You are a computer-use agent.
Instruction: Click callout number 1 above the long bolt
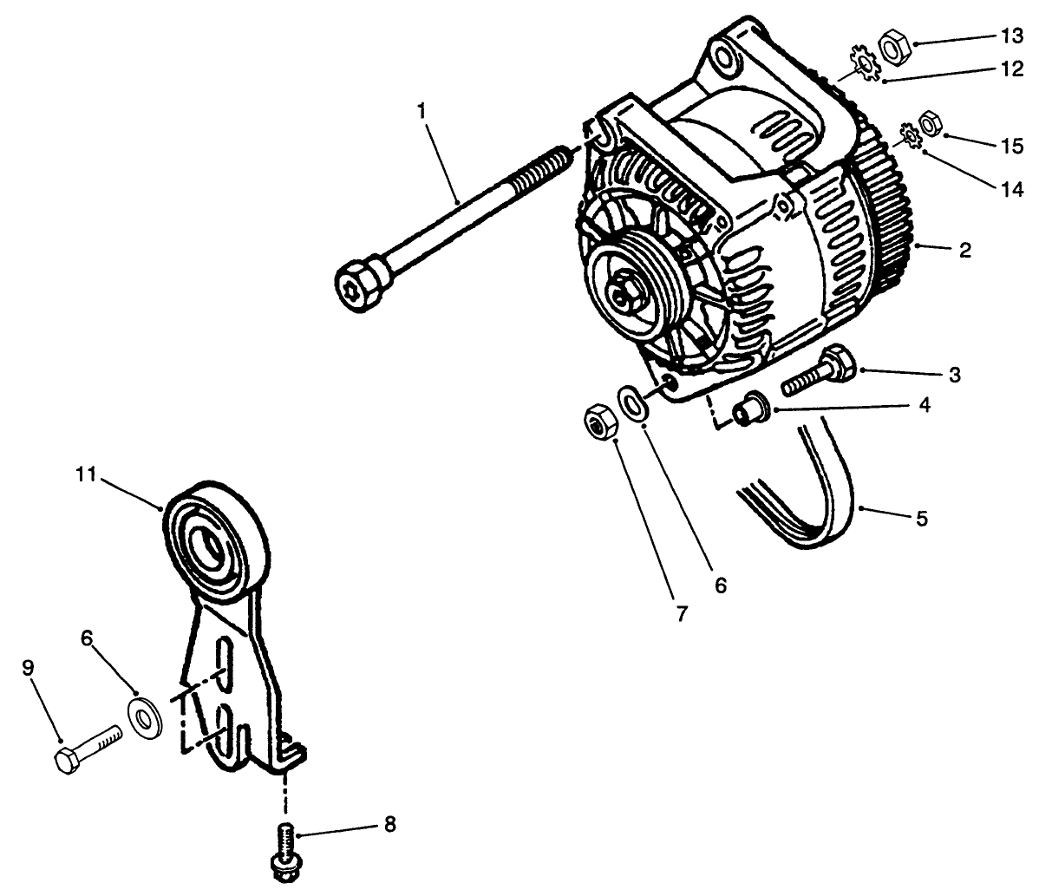421,110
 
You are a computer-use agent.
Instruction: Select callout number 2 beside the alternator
965,251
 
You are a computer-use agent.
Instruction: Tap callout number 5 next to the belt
921,519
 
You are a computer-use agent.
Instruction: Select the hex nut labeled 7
598,422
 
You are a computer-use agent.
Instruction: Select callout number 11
84,474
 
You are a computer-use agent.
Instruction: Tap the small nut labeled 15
929,124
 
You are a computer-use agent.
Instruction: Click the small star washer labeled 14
910,136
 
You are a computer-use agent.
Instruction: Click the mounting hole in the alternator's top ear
726,55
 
